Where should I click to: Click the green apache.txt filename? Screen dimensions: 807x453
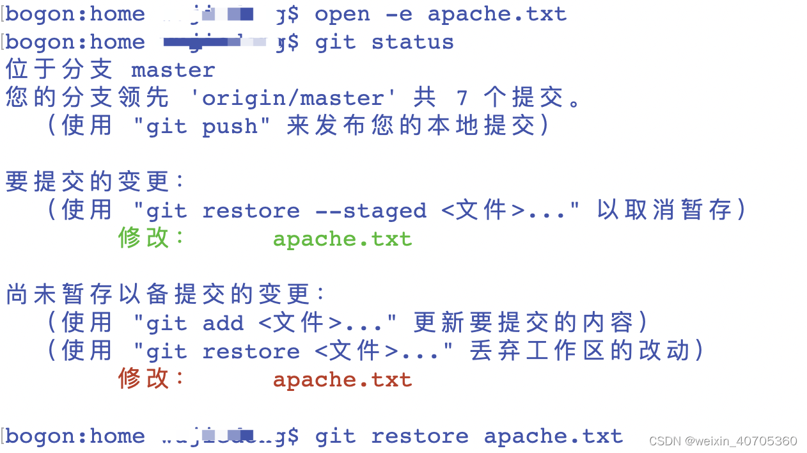[x=342, y=239]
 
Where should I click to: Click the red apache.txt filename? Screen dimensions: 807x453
[x=342, y=380]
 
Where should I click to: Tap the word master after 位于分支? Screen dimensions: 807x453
[x=173, y=70]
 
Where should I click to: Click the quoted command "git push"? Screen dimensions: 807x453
[x=194, y=127]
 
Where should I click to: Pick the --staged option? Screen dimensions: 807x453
[x=371, y=211]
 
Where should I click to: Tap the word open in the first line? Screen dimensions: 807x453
[x=342, y=15]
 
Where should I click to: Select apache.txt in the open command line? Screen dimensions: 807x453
[x=497, y=15]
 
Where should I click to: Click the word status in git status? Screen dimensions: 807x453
[x=412, y=43]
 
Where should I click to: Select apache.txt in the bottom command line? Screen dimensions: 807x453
[x=553, y=436]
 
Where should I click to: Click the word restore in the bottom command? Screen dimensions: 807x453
[x=419, y=436]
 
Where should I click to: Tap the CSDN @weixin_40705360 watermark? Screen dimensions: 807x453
[x=723, y=441]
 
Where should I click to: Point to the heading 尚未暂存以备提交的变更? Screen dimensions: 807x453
[x=165, y=295]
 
